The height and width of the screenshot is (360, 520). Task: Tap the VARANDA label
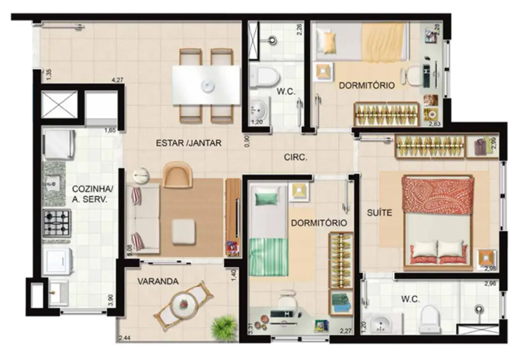tap(158, 281)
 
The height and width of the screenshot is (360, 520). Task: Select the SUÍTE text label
tap(380, 212)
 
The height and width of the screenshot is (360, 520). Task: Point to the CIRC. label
tap(295, 157)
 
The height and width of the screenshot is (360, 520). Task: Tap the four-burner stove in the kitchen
tap(57, 223)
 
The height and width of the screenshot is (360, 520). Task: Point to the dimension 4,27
tap(117, 80)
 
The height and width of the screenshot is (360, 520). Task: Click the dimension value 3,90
tap(111, 300)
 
